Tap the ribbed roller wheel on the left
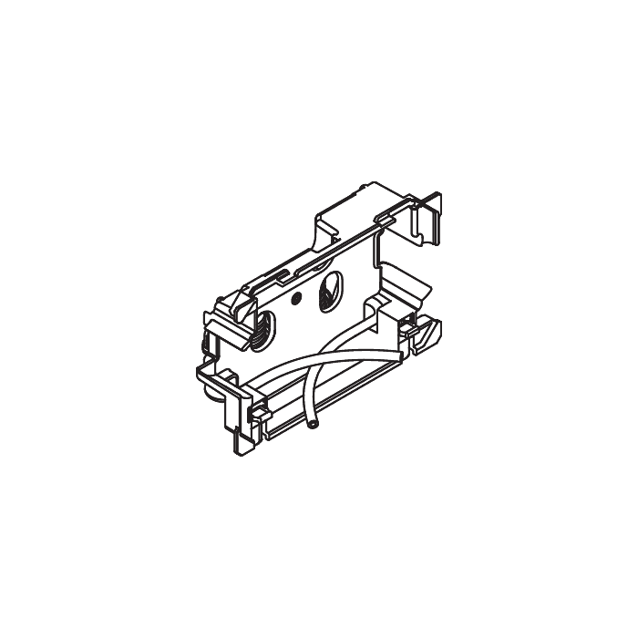pyautogui.click(x=262, y=325)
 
